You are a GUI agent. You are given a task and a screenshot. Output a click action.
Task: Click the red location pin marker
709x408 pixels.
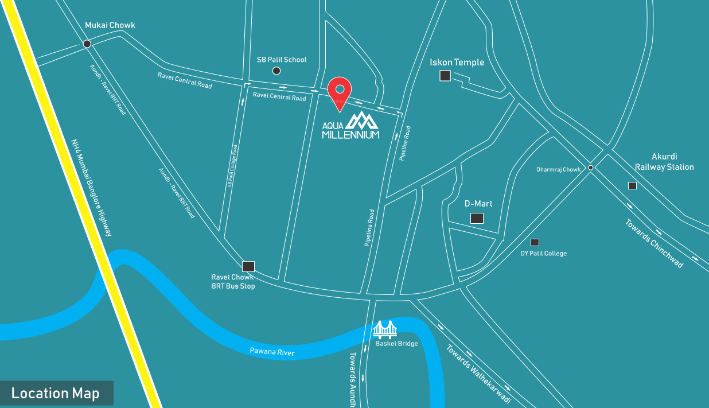(340, 92)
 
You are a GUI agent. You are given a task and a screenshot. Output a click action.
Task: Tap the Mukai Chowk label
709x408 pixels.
(110, 25)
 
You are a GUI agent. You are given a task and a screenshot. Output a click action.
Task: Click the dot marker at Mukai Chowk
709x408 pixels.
(87, 44)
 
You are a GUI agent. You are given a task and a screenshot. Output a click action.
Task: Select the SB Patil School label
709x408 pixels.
(282, 60)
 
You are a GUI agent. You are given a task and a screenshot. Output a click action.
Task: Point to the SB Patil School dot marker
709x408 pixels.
(276, 71)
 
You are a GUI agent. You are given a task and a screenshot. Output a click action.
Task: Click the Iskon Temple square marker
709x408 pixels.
(445, 76)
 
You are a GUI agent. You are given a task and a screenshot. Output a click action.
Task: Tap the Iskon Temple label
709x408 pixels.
(457, 63)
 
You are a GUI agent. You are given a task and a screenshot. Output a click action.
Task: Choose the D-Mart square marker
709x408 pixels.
(477, 218)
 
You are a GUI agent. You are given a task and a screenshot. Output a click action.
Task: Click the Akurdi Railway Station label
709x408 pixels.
(664, 162)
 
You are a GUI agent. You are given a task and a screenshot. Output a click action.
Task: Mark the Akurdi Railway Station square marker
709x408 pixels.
(632, 185)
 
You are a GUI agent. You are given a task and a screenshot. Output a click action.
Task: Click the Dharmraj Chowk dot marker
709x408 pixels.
(590, 168)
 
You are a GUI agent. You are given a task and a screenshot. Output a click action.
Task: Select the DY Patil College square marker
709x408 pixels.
(535, 242)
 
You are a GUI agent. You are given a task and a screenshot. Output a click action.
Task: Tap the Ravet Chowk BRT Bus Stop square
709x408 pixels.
(248, 266)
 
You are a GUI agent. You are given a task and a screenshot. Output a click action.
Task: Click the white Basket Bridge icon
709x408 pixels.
(385, 329)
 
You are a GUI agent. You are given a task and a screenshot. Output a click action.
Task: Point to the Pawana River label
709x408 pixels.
(272, 352)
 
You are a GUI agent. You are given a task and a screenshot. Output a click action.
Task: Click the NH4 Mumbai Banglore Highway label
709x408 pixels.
(91, 187)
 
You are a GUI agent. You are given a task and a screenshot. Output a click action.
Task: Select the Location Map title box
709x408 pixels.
(56, 393)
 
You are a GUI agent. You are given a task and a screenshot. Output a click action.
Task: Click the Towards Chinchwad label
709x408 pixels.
(654, 243)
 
